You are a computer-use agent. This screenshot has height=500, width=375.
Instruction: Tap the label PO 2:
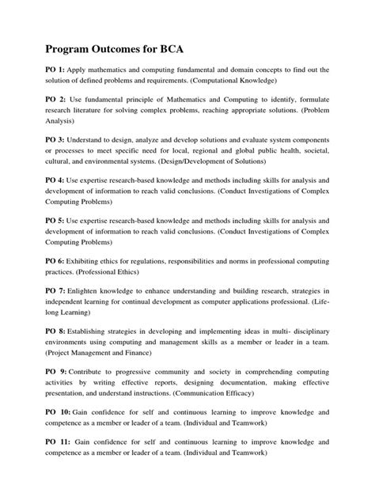55,101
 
